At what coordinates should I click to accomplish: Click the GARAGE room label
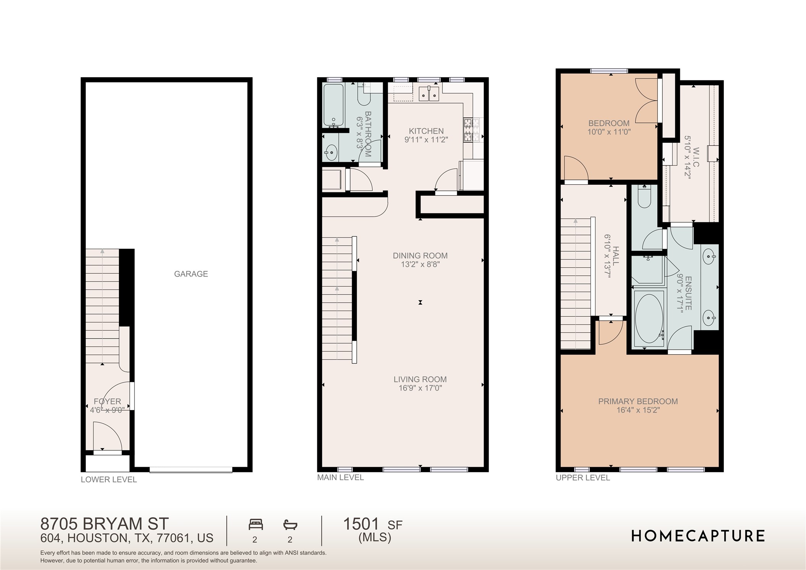[191, 274]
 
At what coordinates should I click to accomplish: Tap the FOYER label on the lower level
[107, 401]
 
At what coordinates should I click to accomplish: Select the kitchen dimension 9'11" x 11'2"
[426, 140]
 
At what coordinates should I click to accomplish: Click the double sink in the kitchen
[428, 94]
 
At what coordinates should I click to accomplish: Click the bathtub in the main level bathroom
[333, 105]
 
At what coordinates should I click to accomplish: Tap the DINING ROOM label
[420, 256]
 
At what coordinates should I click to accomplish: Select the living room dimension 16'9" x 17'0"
[420, 388]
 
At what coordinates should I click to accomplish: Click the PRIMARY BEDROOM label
[638, 401]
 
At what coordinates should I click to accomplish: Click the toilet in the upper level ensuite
[644, 197]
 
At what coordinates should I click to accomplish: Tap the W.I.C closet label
[695, 157]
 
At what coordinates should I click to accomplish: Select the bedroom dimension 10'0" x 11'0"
[609, 132]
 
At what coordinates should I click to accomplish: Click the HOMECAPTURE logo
[698, 536]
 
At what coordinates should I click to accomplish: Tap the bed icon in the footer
[255, 524]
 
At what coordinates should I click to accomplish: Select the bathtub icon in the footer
[290, 524]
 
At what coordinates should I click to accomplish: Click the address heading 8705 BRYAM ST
[104, 523]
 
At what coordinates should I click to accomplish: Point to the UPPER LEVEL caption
[583, 478]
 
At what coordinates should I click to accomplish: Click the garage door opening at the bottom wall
[190, 470]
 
